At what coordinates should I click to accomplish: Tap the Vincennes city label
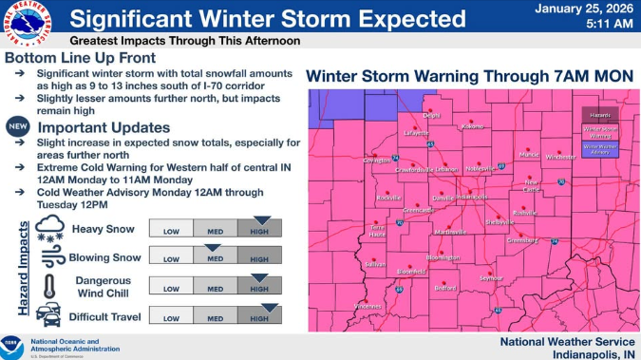click(368, 306)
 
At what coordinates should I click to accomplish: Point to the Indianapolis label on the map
click(471, 197)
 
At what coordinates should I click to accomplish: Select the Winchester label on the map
click(560, 157)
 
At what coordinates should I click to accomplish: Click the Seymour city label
click(490, 278)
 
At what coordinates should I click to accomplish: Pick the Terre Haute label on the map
click(378, 231)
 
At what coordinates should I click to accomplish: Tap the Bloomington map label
click(443, 257)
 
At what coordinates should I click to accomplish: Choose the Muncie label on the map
click(529, 154)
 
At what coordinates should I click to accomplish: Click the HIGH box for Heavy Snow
click(259, 228)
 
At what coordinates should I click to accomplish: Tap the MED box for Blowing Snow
click(215, 257)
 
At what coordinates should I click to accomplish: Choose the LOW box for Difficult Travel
click(171, 317)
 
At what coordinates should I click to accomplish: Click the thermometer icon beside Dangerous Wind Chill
click(49, 286)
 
